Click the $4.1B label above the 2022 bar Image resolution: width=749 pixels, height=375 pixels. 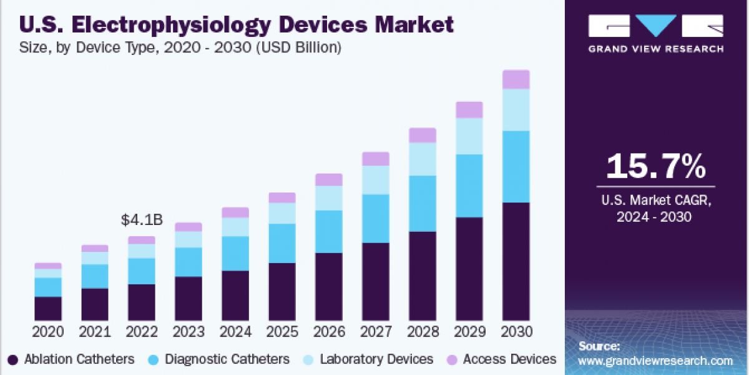click(x=142, y=220)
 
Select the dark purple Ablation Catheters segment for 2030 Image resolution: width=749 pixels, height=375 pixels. click(x=516, y=261)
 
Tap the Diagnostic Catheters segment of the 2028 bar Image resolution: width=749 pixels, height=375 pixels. click(x=423, y=204)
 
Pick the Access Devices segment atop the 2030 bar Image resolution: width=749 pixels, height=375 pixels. click(x=516, y=79)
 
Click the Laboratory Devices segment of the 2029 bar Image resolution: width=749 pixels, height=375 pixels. click(x=469, y=136)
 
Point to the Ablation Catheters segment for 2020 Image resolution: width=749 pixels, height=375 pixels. click(x=48, y=308)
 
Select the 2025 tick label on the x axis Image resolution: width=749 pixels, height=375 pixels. click(x=282, y=331)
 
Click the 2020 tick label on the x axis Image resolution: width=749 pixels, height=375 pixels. click(x=48, y=331)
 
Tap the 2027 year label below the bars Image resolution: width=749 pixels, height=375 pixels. click(x=376, y=331)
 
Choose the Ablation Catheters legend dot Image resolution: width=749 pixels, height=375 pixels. click(x=12, y=359)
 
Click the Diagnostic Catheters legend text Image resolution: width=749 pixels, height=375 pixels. click(x=227, y=359)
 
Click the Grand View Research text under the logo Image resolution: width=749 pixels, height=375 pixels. click(x=656, y=49)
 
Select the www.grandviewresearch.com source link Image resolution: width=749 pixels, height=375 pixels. click(x=655, y=361)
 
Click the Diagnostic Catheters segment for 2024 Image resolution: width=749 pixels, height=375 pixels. click(x=235, y=253)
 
